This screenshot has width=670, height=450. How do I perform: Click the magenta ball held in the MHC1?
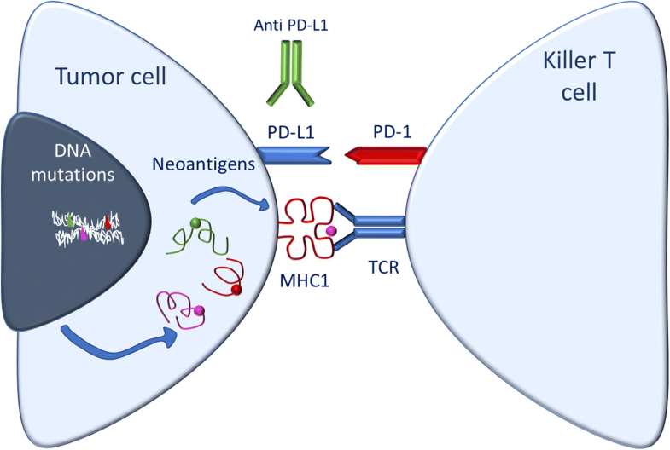click(329, 230)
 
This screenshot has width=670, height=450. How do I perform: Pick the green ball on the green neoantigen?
click(195, 224)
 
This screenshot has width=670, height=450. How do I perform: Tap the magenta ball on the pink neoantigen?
click(199, 309)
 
